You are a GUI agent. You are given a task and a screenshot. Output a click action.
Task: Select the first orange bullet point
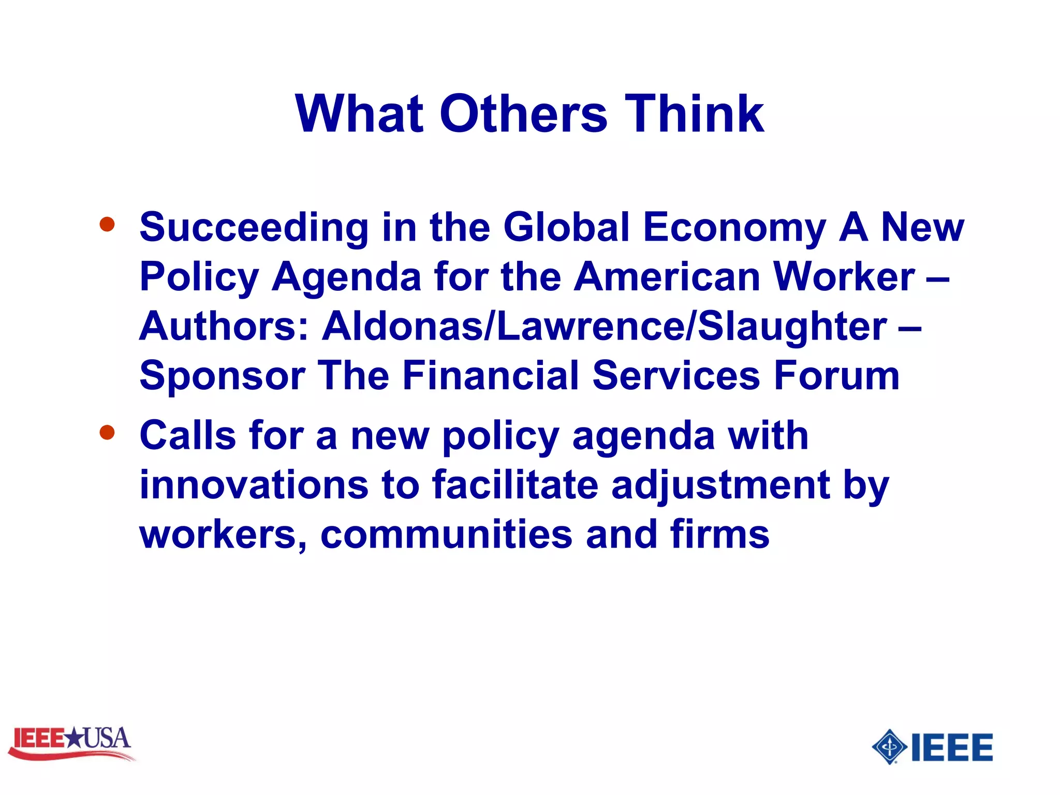[107, 224]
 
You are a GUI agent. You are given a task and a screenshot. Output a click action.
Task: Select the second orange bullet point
[107, 432]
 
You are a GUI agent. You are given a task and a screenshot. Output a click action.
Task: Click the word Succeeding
[254, 228]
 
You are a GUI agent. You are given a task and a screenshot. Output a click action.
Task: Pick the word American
[667, 276]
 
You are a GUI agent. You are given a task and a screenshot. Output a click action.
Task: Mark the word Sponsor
[222, 377]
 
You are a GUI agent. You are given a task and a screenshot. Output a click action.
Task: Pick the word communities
[446, 535]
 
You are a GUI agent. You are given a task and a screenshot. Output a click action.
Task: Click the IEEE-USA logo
[71, 742]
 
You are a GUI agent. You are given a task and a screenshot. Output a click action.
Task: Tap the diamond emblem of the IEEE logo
[889, 746]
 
